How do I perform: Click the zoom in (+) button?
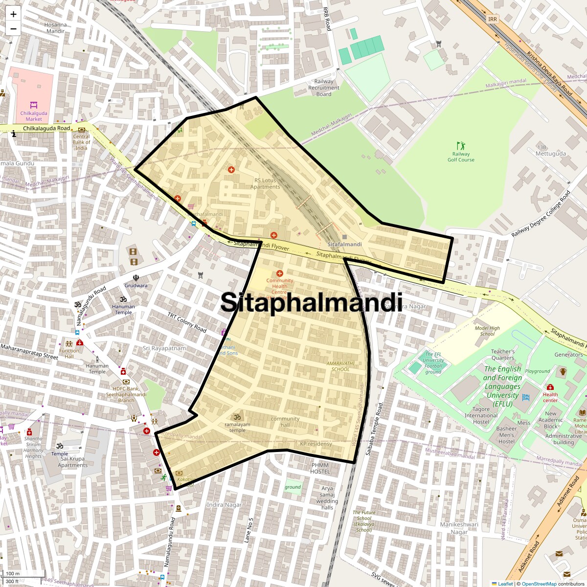pyautogui.click(x=13, y=14)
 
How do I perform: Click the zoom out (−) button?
pyautogui.click(x=13, y=28)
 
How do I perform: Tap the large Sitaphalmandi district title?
pyautogui.click(x=311, y=302)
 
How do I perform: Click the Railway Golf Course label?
pyautogui.click(x=461, y=157)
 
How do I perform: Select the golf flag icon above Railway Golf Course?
pyautogui.click(x=460, y=146)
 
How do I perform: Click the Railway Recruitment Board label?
pyautogui.click(x=323, y=88)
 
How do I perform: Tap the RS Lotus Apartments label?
pyautogui.click(x=265, y=183)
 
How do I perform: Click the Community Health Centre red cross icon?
pyautogui.click(x=280, y=273)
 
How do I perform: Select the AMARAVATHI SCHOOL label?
pyautogui.click(x=340, y=366)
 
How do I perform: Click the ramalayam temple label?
pyautogui.click(x=237, y=427)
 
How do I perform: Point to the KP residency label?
pyautogui.click(x=316, y=444)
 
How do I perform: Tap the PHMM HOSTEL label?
pyautogui.click(x=320, y=468)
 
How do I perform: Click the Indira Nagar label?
pyautogui.click(x=224, y=505)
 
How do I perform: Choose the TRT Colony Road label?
pyautogui.click(x=187, y=322)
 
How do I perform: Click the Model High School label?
pyautogui.click(x=487, y=331)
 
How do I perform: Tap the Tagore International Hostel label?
pyautogui.click(x=481, y=415)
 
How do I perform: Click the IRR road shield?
pyautogui.click(x=492, y=19)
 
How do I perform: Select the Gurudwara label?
pyautogui.click(x=135, y=286)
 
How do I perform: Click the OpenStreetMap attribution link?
pyautogui.click(x=539, y=584)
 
